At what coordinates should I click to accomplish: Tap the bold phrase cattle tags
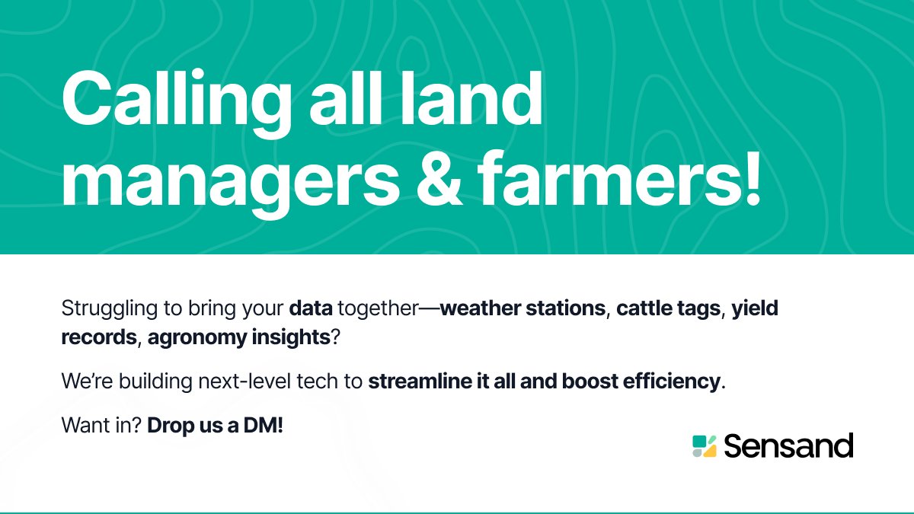click(668, 310)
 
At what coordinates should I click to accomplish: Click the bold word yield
click(755, 310)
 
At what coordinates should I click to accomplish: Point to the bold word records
click(98, 338)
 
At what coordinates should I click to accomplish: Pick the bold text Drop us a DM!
click(215, 426)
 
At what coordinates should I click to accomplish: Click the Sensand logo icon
click(704, 446)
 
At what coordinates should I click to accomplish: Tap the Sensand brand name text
click(788, 446)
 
